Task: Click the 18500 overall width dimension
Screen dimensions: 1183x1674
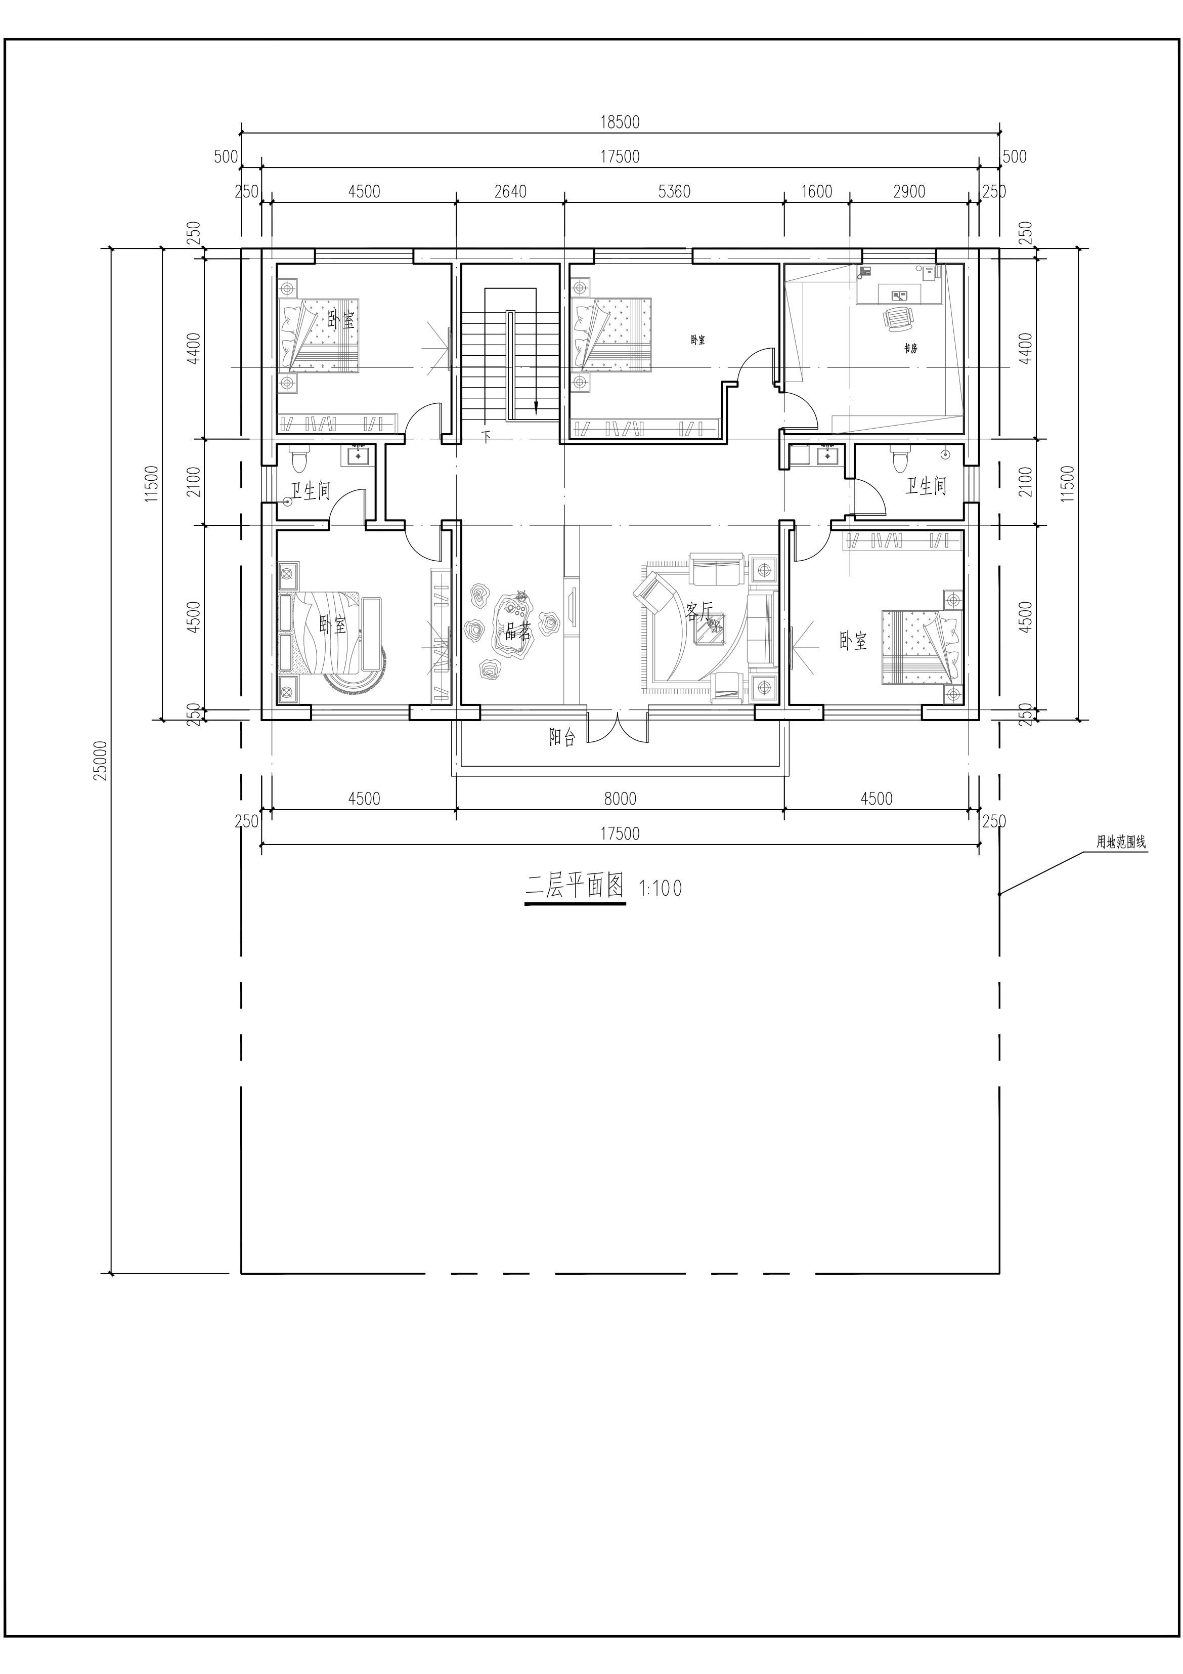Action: click(620, 122)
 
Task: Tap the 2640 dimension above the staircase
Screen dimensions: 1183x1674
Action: click(510, 192)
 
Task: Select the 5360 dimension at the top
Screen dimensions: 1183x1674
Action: click(674, 192)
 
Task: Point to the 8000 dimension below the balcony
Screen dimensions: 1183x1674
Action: click(620, 799)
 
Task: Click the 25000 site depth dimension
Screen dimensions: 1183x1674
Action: click(101, 761)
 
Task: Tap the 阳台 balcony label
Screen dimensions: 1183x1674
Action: click(563, 738)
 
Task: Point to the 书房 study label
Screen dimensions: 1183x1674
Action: click(910, 349)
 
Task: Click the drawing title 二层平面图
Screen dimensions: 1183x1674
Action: click(575, 887)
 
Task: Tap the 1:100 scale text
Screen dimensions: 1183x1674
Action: click(661, 889)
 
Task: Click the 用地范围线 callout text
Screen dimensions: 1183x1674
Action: click(1121, 842)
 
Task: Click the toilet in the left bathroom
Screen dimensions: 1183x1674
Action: click(299, 458)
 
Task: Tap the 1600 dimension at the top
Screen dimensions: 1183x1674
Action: click(816, 192)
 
